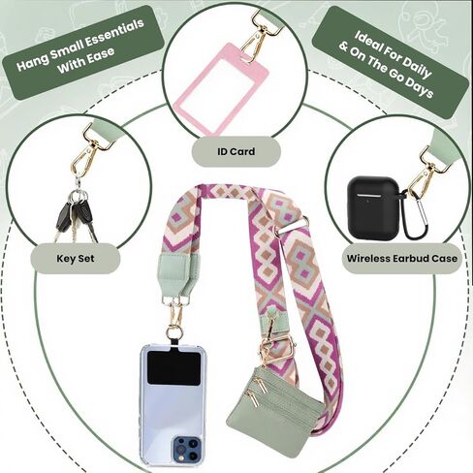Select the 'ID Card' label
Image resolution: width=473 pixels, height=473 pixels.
click(x=236, y=151)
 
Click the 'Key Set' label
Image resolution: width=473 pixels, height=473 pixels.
click(x=76, y=259)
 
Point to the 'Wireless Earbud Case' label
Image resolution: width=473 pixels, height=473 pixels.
click(x=402, y=259)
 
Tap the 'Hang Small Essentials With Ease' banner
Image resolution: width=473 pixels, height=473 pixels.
click(x=82, y=51)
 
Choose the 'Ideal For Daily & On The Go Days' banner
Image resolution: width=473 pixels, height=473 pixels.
click(x=391, y=61)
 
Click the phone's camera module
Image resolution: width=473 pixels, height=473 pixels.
click(x=186, y=449)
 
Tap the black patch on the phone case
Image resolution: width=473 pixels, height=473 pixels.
click(x=173, y=368)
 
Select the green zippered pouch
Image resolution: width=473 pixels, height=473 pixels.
click(x=274, y=412)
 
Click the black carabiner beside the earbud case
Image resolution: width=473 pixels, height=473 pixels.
click(x=418, y=216)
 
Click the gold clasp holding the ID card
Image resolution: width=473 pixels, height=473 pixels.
click(x=259, y=36)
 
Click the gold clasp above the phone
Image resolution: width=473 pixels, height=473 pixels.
click(x=175, y=313)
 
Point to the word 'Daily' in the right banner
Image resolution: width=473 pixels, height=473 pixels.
click(x=418, y=66)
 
